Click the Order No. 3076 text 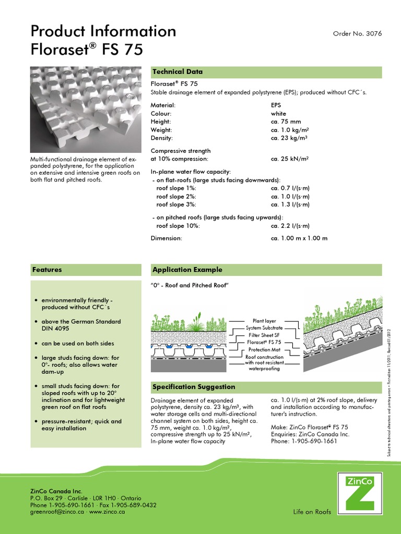point(357,33)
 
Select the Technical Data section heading point(177,71)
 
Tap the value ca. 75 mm point(286,122)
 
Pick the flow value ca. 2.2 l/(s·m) point(290,226)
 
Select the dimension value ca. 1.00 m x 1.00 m point(299,238)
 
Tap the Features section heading point(47,270)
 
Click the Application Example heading point(187,270)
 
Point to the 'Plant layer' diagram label point(264,321)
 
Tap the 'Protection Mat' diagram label point(264,350)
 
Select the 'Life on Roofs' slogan point(312,512)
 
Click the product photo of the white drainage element point(86,108)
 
